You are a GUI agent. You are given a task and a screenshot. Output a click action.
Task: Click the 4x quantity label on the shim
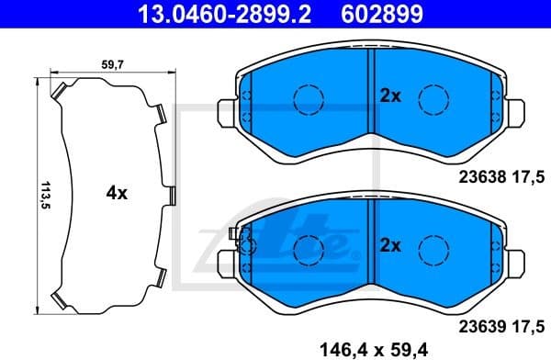tap(116, 194)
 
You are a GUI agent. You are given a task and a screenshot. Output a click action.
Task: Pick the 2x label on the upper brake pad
tap(391, 95)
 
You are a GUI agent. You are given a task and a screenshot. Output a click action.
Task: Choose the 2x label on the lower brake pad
tap(391, 245)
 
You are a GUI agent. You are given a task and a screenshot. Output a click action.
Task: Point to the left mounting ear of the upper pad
tap(223, 114)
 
